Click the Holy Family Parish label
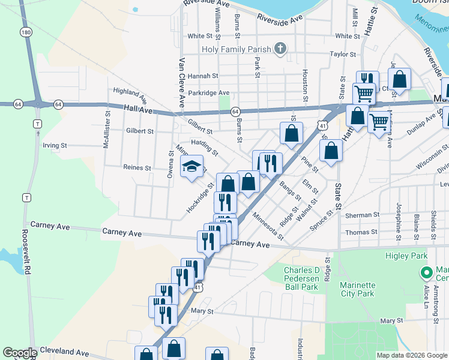[238, 50]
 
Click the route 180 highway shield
[25, 32]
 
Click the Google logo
[19, 353]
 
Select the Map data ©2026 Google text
[411, 355]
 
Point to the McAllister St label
[106, 129]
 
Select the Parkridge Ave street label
[208, 93]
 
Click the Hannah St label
[202, 76]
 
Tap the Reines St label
[136, 168]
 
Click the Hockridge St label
[200, 198]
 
